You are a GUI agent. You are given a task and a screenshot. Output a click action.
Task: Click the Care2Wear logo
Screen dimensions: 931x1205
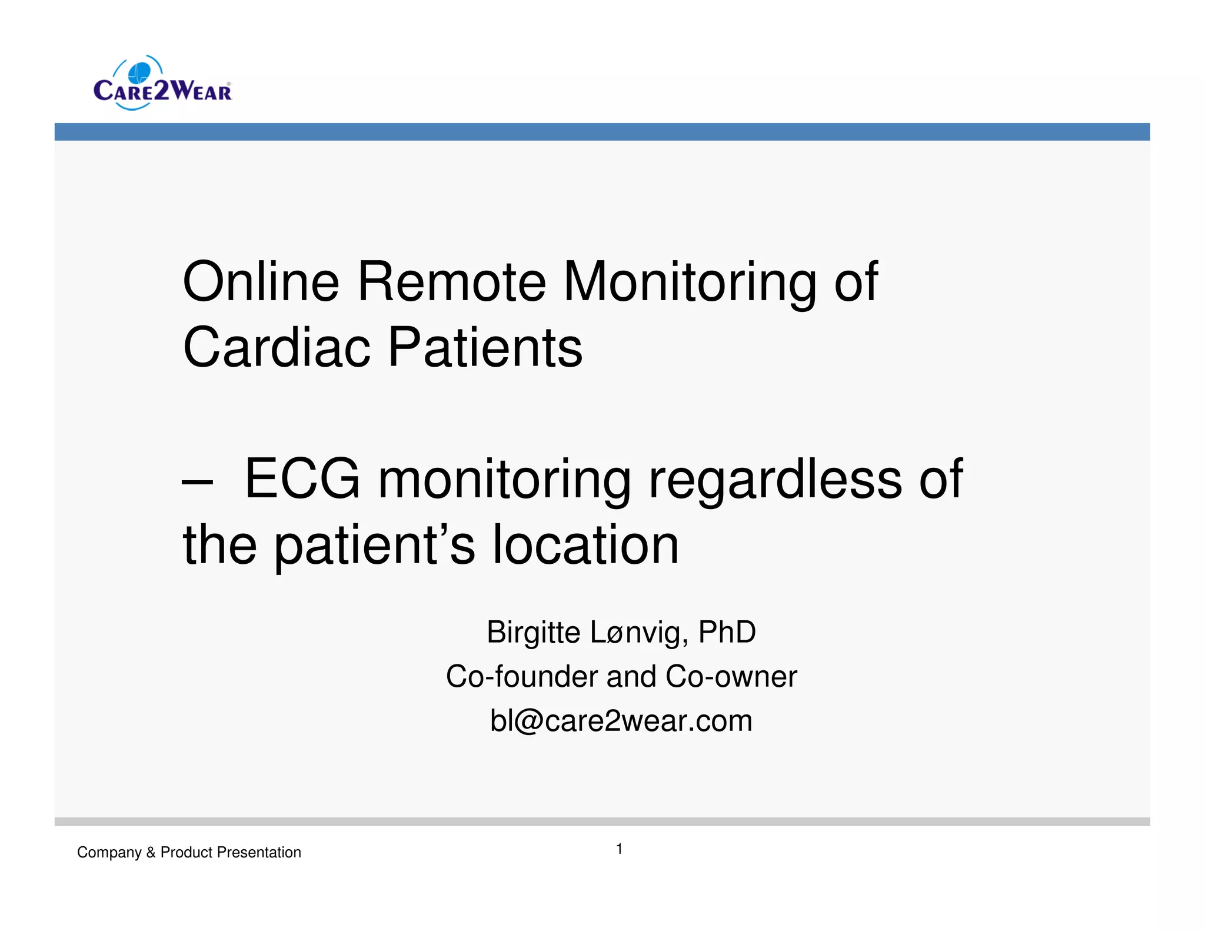(x=162, y=84)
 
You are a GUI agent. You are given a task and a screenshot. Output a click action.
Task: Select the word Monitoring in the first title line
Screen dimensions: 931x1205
(x=690, y=283)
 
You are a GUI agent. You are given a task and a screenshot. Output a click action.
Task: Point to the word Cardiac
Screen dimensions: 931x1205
(x=277, y=348)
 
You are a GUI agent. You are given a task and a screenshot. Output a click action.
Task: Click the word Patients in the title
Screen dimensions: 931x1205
(x=485, y=348)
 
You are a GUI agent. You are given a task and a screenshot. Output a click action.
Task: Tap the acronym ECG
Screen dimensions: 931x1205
(x=302, y=479)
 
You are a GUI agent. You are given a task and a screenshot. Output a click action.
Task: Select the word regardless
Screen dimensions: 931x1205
(x=775, y=480)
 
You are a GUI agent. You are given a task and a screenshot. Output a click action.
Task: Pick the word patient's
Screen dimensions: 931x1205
(x=375, y=546)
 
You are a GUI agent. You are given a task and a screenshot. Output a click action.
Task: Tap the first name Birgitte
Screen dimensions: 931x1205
(x=533, y=633)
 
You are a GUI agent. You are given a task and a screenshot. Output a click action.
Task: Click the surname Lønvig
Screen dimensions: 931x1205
(x=638, y=633)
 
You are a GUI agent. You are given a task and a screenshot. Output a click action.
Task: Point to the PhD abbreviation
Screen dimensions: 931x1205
(x=727, y=633)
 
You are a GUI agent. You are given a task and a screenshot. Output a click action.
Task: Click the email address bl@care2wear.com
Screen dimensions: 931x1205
(x=621, y=721)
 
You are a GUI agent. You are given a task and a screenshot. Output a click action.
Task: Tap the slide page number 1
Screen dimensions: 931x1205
(x=619, y=849)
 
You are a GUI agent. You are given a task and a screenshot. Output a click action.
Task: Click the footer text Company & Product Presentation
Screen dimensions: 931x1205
(x=189, y=852)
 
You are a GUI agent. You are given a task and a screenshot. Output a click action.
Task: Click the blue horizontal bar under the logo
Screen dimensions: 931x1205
(x=602, y=132)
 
